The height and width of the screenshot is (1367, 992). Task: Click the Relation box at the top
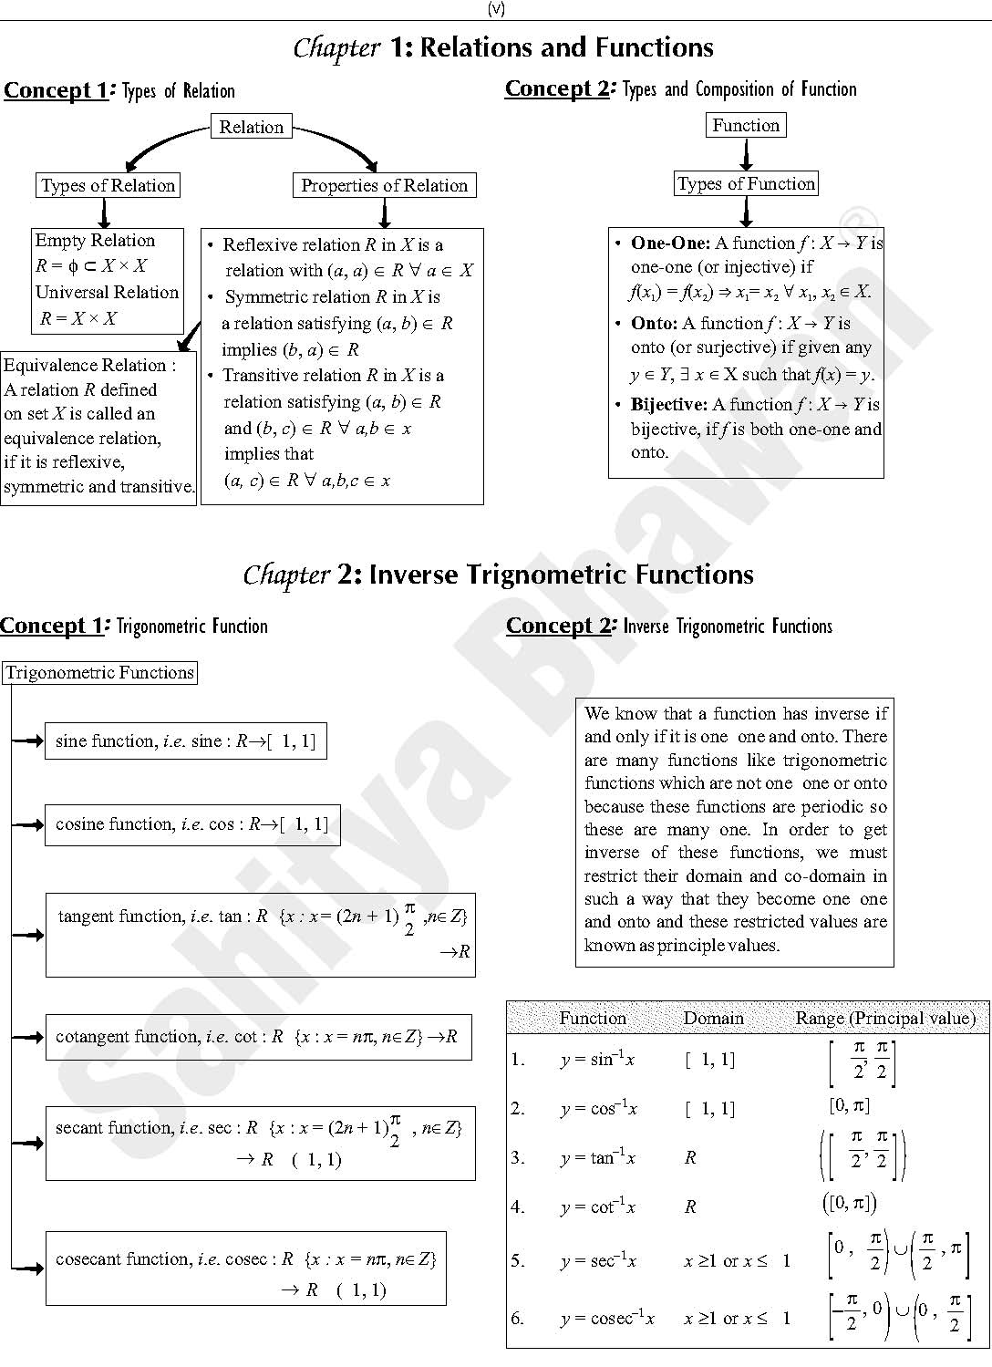coord(251,127)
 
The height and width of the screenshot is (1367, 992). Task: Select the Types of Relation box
coord(108,185)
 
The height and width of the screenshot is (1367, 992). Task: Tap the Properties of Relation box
coord(384,185)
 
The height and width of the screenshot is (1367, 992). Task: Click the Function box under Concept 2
coord(746,125)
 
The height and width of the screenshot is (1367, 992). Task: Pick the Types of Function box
coord(746,183)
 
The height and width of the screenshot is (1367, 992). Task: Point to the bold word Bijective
coord(668,404)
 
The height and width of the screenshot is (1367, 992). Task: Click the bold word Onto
coord(653,323)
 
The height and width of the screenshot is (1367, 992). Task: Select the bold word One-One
coord(669,243)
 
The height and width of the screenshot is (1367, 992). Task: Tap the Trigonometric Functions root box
coord(99,673)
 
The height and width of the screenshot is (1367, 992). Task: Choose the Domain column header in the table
coord(713,1018)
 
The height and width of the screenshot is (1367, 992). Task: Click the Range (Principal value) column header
coord(884,1018)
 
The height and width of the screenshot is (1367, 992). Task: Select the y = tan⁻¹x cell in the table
coord(598,1157)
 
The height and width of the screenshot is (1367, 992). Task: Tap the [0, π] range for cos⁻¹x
coord(849,1105)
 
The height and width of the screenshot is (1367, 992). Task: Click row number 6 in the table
coord(518,1318)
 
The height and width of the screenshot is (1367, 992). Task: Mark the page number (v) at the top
coord(496,9)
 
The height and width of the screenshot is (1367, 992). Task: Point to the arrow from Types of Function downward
coord(746,212)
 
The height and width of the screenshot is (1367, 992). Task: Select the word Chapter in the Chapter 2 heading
coord(286,575)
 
